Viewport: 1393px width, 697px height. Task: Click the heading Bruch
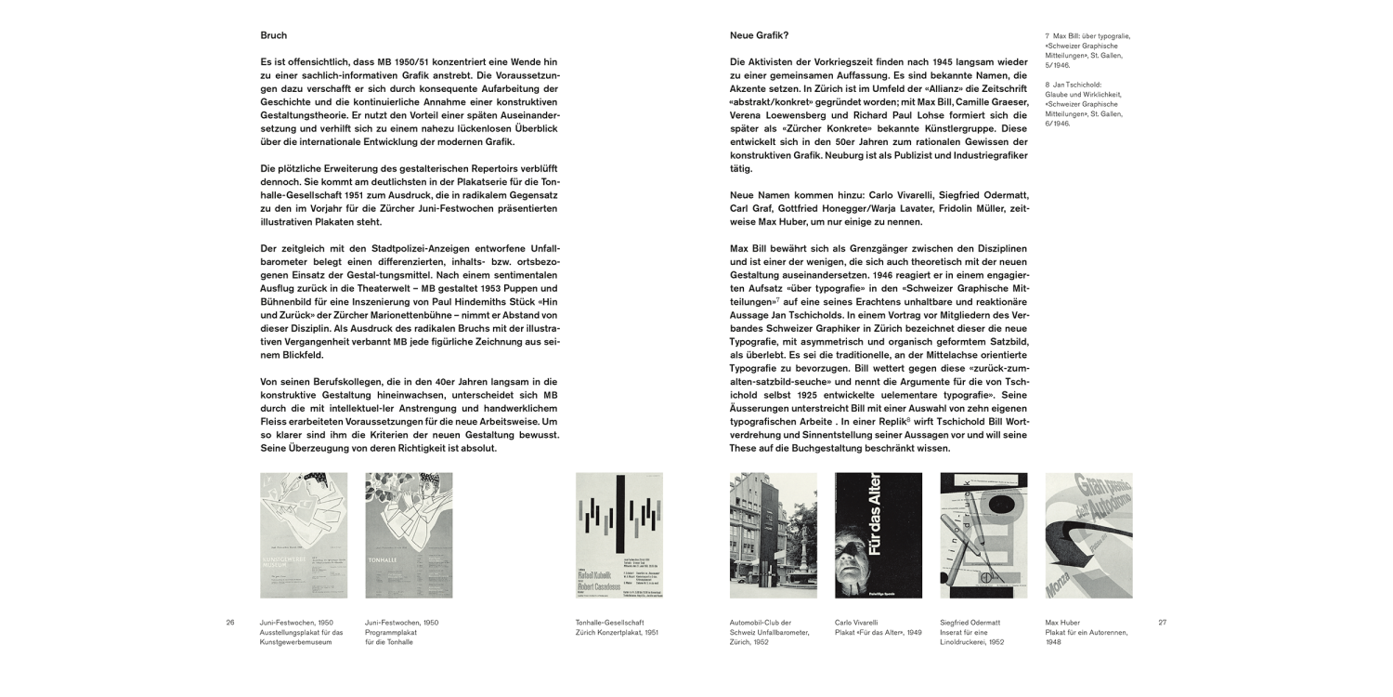274,35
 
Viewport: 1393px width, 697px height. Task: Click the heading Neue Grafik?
760,35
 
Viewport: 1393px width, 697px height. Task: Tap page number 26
230,622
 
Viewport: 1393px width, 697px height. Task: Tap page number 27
1162,622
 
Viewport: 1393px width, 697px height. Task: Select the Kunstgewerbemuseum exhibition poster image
304,534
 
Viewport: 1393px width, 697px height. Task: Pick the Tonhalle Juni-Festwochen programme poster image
409,534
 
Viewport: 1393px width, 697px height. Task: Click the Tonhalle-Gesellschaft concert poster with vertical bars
619,534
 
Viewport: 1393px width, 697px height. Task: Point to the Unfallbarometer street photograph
774,534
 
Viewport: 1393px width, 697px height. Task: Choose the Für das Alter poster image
879,534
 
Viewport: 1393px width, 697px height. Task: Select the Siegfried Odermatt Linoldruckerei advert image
983,534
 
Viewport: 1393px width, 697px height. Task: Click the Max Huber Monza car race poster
1088,534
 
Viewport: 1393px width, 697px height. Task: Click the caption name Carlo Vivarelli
856,622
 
